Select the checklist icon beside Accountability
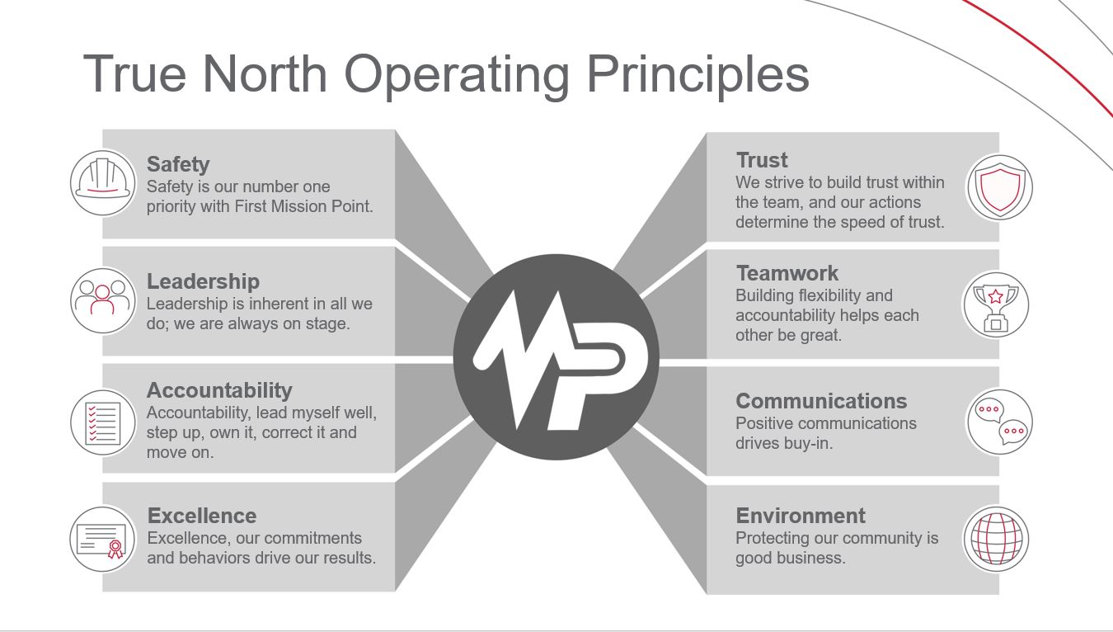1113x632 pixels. pyautogui.click(x=103, y=422)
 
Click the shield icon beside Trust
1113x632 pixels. pyautogui.click(x=1000, y=187)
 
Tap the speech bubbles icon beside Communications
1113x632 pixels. pyautogui.click(x=1000, y=422)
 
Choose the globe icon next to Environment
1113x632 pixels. pyautogui.click(x=996, y=540)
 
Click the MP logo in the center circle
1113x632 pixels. pyautogui.click(x=561, y=361)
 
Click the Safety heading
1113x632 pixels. pyautogui.click(x=178, y=165)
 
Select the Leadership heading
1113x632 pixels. pyautogui.click(x=203, y=281)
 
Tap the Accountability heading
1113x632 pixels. pyautogui.click(x=219, y=391)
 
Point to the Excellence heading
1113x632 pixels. pyautogui.click(x=202, y=516)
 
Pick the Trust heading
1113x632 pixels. pyautogui.click(x=762, y=160)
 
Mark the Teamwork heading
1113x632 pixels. pyautogui.click(x=787, y=273)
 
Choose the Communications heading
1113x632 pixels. pyautogui.click(x=821, y=401)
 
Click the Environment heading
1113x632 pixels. pyautogui.click(x=801, y=516)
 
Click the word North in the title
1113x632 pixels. pyautogui.click(x=265, y=74)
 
